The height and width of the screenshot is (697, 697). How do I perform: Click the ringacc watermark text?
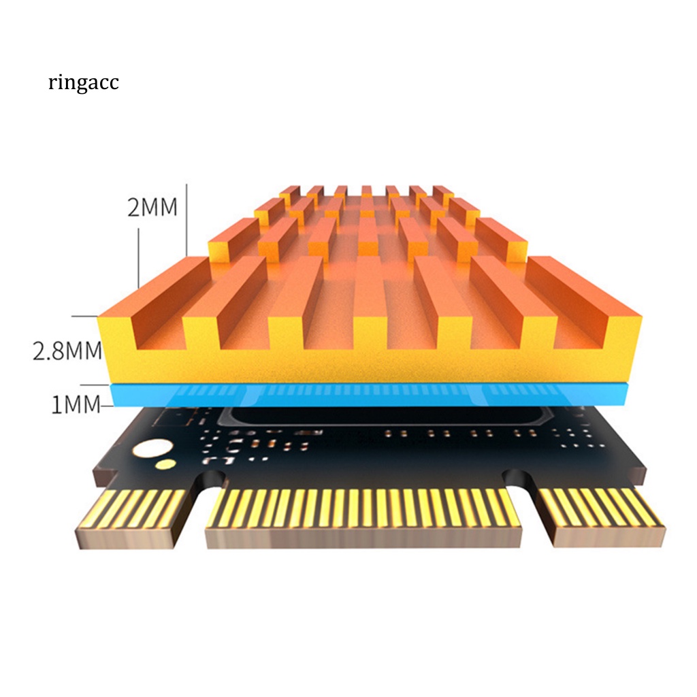click(x=84, y=84)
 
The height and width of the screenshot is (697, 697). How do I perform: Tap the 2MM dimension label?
click(x=152, y=206)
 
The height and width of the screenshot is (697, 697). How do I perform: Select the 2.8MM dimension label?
click(x=67, y=351)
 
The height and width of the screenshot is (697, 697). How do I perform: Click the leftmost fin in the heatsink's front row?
click(x=146, y=299)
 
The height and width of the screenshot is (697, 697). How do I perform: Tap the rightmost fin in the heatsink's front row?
click(x=585, y=299)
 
